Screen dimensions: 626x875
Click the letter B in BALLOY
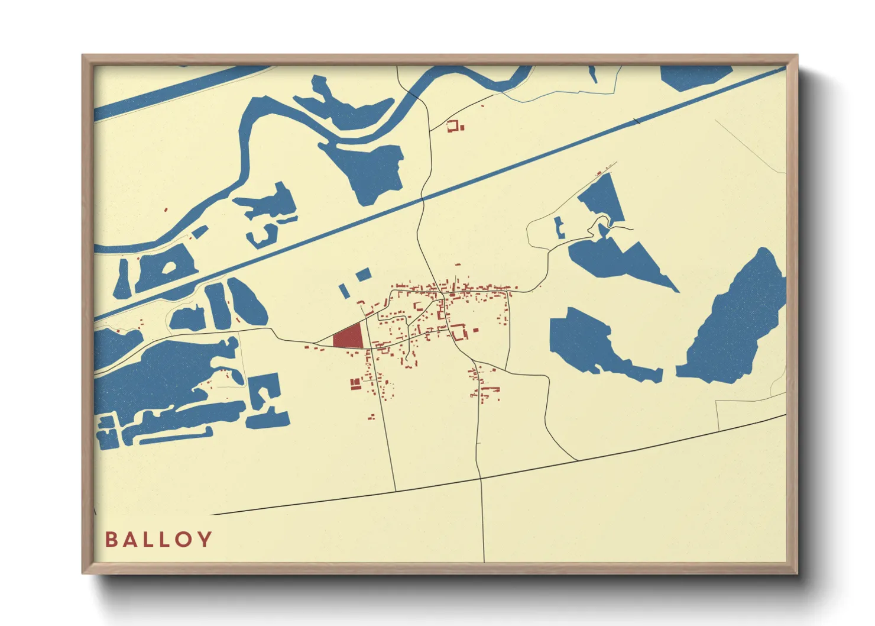[x=111, y=540]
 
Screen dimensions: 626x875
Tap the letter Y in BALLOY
[x=205, y=540]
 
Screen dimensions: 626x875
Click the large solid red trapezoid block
[x=349, y=337]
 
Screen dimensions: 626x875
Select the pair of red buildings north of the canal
[x=455, y=126]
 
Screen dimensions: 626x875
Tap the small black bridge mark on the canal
[x=637, y=122]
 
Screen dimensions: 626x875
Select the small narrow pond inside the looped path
[x=559, y=227]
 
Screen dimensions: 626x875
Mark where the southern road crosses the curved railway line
[x=480, y=477]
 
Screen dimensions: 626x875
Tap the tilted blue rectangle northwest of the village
[x=363, y=275]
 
